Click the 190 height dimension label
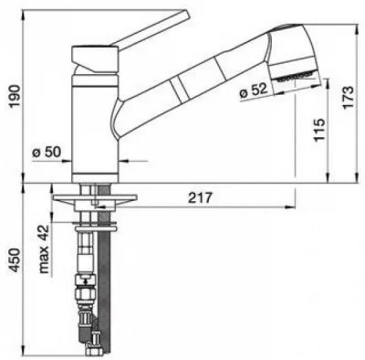(15, 96)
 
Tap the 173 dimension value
(348, 97)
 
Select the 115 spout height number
(319, 130)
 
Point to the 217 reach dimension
(199, 198)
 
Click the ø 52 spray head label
(253, 90)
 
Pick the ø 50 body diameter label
(47, 152)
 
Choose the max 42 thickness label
(44, 249)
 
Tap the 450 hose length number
(15, 260)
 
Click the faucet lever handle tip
(186, 14)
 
